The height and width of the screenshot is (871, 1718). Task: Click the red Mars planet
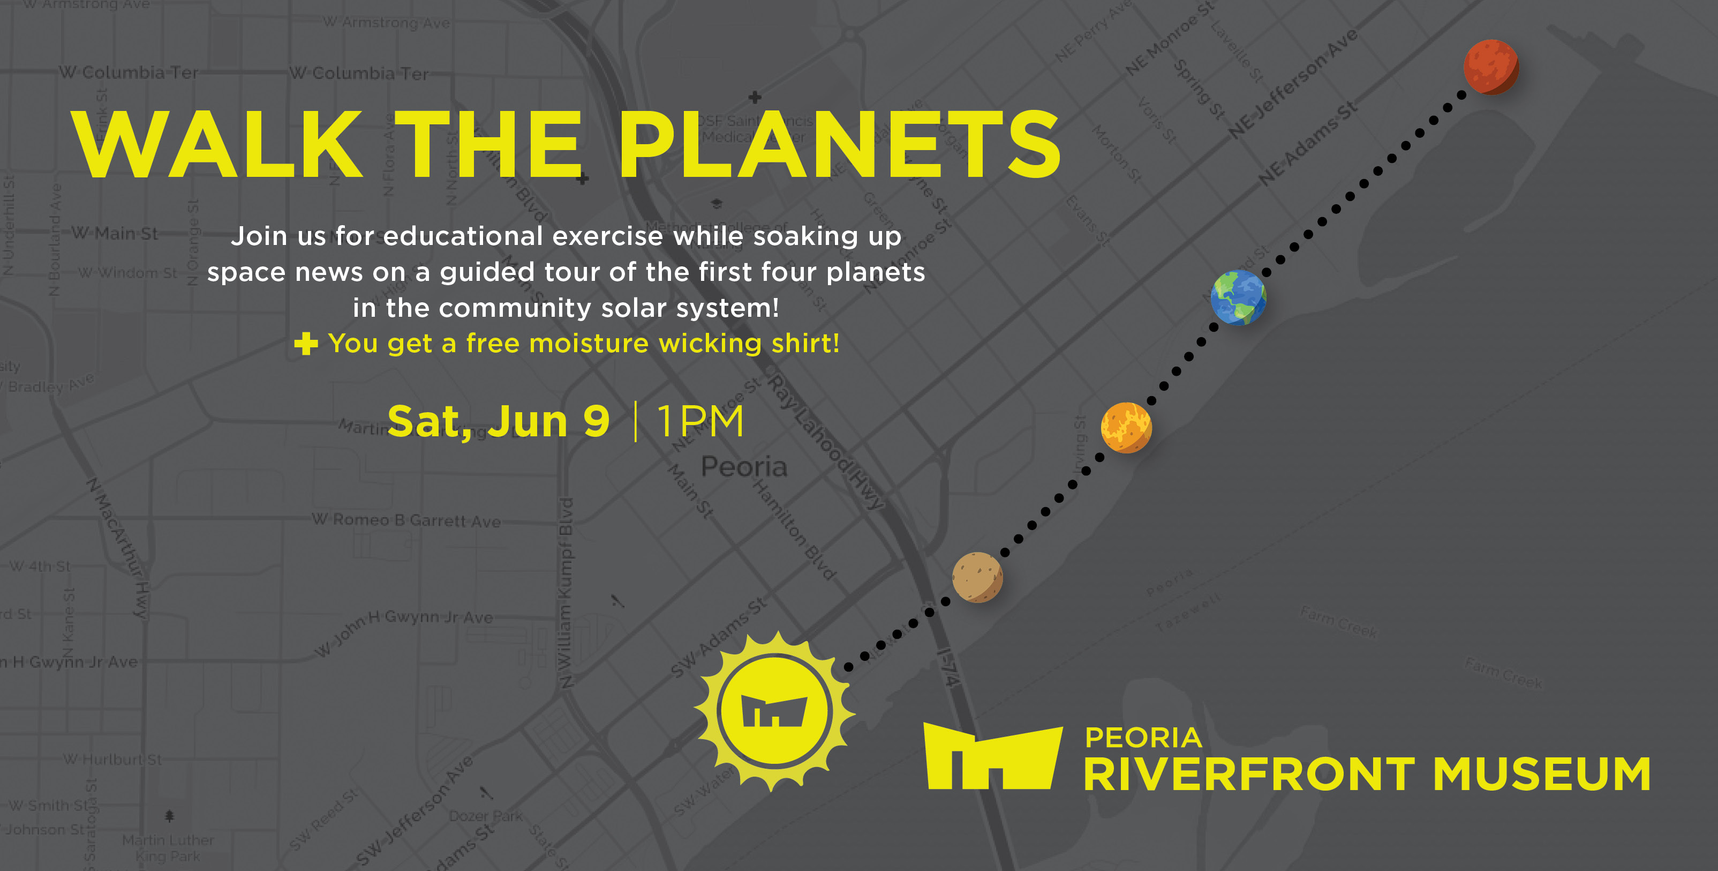[1490, 67]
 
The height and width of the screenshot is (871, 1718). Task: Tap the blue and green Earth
[1238, 297]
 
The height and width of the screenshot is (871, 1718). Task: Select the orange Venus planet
[1126, 428]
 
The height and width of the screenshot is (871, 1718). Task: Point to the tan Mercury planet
[977, 577]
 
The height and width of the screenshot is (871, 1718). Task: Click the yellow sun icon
[774, 711]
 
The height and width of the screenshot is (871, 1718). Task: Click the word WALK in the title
[217, 145]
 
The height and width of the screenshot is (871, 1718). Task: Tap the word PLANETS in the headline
[839, 145]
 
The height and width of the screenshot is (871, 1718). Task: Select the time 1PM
[700, 421]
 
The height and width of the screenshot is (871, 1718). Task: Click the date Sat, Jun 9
[498, 421]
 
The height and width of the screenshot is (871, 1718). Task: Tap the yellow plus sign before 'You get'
[306, 344]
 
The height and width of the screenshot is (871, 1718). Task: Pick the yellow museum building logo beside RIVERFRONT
[992, 757]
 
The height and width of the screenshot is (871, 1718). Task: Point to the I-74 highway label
[948, 667]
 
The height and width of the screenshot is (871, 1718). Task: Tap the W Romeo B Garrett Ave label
[406, 520]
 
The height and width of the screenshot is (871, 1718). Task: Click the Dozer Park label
[486, 816]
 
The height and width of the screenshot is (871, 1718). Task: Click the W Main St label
[115, 233]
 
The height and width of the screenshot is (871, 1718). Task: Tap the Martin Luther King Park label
[168, 847]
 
